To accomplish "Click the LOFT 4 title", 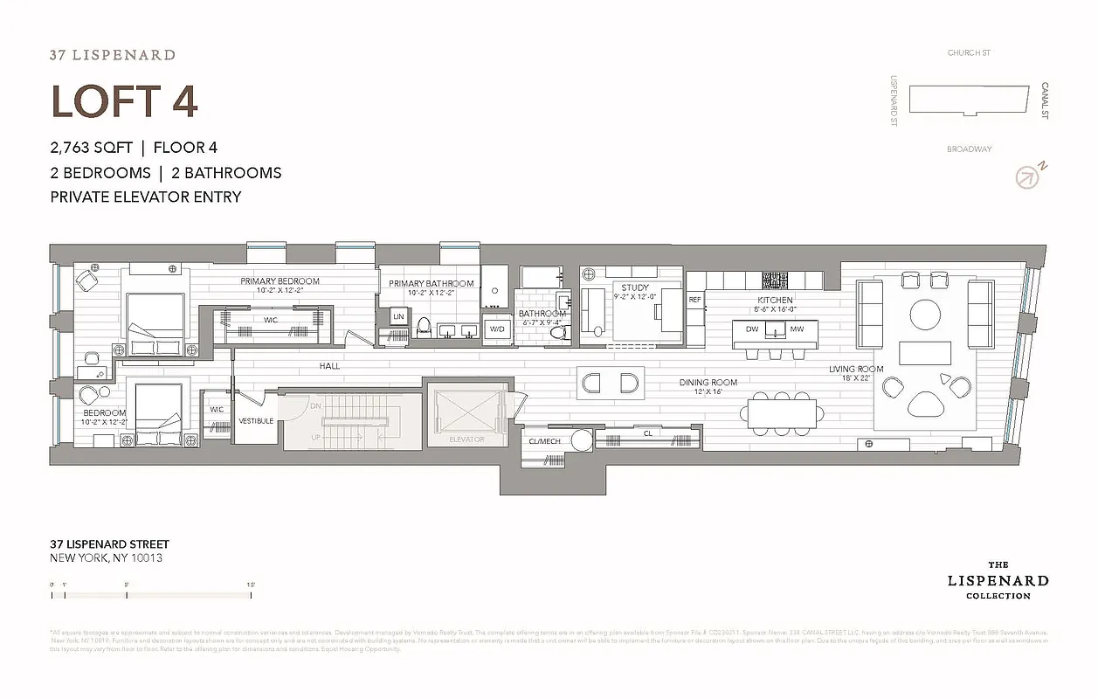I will tap(124, 100).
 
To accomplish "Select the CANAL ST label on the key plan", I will tap(1045, 100).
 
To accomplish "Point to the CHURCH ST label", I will tap(969, 53).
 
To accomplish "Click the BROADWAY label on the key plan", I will tap(969, 149).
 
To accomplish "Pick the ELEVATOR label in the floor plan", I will tap(466, 439).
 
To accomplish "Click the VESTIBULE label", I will tap(256, 421).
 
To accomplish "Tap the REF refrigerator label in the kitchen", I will tap(695, 300).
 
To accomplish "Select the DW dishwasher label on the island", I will tap(751, 329).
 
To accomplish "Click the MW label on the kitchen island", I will tap(796, 329).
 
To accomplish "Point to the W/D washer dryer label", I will tap(497, 329).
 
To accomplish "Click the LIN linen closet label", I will tap(398, 315).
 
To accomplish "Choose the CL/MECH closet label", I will tap(545, 441).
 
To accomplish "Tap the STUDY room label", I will tap(635, 287).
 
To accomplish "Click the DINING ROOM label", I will tap(708, 382).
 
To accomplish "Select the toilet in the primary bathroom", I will tap(425, 327).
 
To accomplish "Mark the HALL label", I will tap(329, 366).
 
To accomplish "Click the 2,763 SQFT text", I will tap(91, 148).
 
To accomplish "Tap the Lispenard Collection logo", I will tap(998, 580).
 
